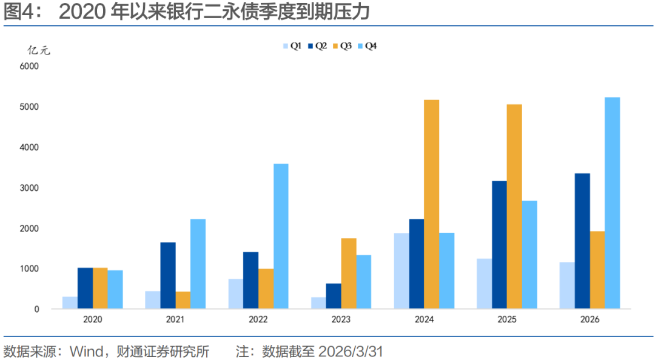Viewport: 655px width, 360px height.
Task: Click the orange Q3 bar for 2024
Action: click(x=431, y=204)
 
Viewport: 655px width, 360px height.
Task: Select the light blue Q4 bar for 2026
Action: click(x=612, y=203)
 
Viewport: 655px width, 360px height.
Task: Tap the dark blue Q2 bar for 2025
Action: click(x=499, y=245)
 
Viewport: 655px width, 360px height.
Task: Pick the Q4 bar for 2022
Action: click(x=281, y=236)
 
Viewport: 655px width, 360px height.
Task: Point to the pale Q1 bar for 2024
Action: click(x=401, y=271)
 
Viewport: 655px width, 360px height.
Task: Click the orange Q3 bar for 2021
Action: click(x=183, y=300)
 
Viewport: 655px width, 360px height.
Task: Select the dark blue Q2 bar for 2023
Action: click(x=333, y=296)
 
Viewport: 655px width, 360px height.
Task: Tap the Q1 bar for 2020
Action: click(x=70, y=302)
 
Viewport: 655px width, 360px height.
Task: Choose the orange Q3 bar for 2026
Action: click(x=597, y=270)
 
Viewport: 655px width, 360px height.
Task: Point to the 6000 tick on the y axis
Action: click(x=29, y=66)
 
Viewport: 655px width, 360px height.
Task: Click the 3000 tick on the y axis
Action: click(x=29, y=188)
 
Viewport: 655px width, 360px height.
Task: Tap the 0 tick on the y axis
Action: click(x=36, y=309)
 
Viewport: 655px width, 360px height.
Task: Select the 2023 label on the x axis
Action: click(x=341, y=319)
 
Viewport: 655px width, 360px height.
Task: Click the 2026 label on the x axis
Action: click(x=589, y=319)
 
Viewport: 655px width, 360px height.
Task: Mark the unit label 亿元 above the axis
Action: click(x=39, y=50)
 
